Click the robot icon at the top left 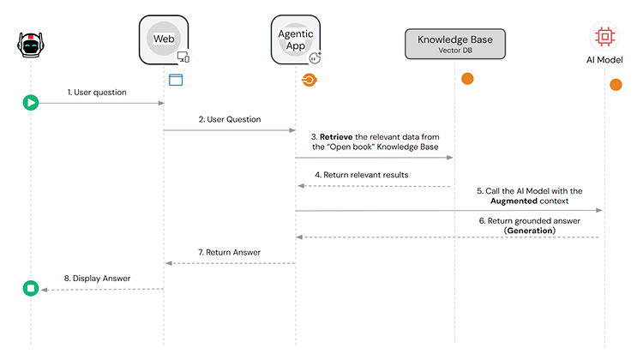[31, 45]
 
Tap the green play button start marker [31, 103]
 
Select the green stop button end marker [31, 289]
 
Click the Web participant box [163, 39]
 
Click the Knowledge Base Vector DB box [455, 44]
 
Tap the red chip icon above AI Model [605, 36]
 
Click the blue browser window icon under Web [176, 80]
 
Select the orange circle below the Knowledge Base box [467, 79]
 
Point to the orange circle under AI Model [616, 84]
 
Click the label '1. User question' [97, 92]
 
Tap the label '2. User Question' [229, 119]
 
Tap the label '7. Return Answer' [229, 252]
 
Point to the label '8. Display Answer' [97, 278]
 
